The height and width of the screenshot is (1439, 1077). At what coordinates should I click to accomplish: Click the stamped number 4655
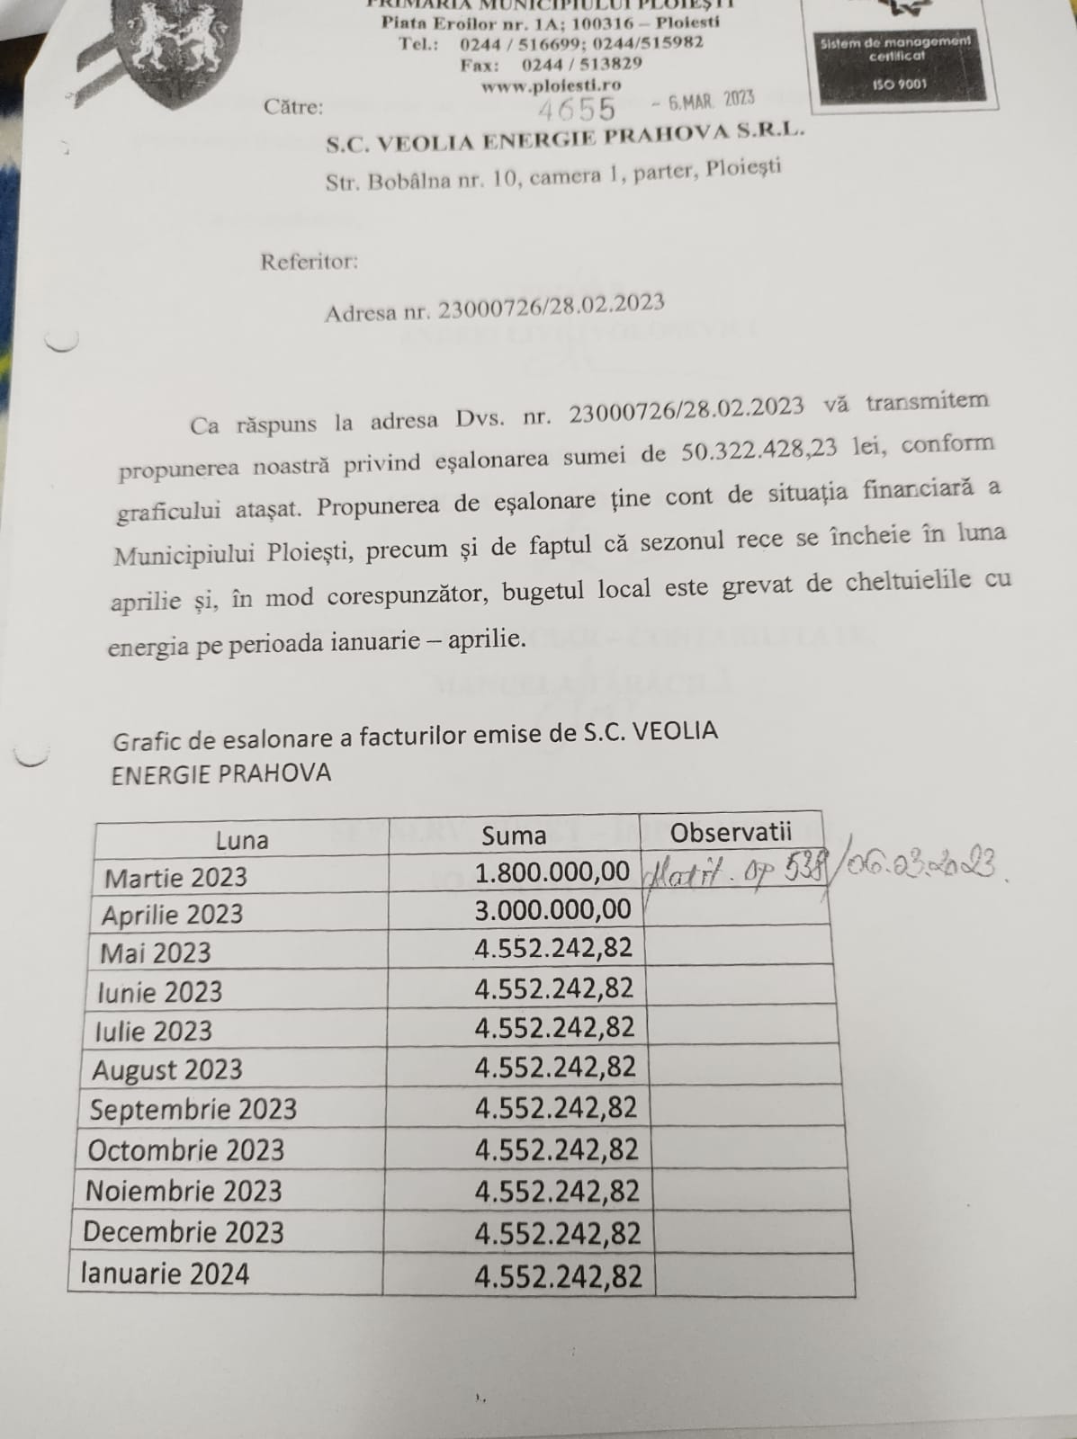[x=577, y=109]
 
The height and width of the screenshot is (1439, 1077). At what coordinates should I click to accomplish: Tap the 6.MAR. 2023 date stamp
[x=710, y=100]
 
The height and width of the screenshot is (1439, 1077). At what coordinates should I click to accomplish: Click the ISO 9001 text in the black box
[x=899, y=85]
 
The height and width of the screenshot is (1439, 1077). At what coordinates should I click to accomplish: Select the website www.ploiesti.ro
[x=551, y=85]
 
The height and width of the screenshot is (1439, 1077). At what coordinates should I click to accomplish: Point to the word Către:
[x=293, y=107]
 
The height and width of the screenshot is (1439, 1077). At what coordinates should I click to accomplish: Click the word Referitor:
[x=309, y=262]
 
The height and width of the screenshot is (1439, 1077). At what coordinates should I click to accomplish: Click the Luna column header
[x=241, y=840]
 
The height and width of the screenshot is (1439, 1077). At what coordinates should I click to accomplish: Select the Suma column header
[x=513, y=836]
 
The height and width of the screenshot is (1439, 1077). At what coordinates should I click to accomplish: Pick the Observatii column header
[x=731, y=832]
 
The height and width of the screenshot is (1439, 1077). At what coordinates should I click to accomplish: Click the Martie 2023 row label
[x=175, y=877]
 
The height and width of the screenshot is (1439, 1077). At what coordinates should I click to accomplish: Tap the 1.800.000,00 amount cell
[x=552, y=871]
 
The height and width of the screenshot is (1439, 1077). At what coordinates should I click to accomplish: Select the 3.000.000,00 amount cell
[x=552, y=909]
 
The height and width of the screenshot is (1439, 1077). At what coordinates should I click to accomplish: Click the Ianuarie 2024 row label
[x=165, y=1274]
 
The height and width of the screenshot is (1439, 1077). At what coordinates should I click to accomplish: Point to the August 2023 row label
[x=167, y=1069]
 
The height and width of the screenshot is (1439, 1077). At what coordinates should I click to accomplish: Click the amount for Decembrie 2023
[x=558, y=1233]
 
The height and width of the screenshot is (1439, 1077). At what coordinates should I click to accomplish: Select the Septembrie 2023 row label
[x=193, y=1109]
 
